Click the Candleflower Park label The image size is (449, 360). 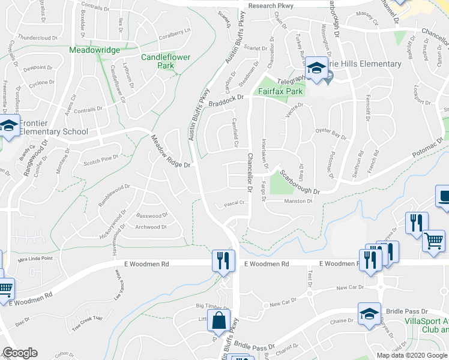click(x=157, y=61)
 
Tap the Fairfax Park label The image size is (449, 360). click(x=281, y=92)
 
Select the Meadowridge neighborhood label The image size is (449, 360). click(x=94, y=50)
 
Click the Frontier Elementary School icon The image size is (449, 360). click(x=8, y=127)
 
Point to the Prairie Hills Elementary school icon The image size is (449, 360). click(x=315, y=69)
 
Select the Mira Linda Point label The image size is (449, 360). click(x=35, y=259)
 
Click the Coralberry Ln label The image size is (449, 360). click(x=174, y=31)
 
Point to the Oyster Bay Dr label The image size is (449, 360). click(x=331, y=137)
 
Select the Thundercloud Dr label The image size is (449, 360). click(x=37, y=37)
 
